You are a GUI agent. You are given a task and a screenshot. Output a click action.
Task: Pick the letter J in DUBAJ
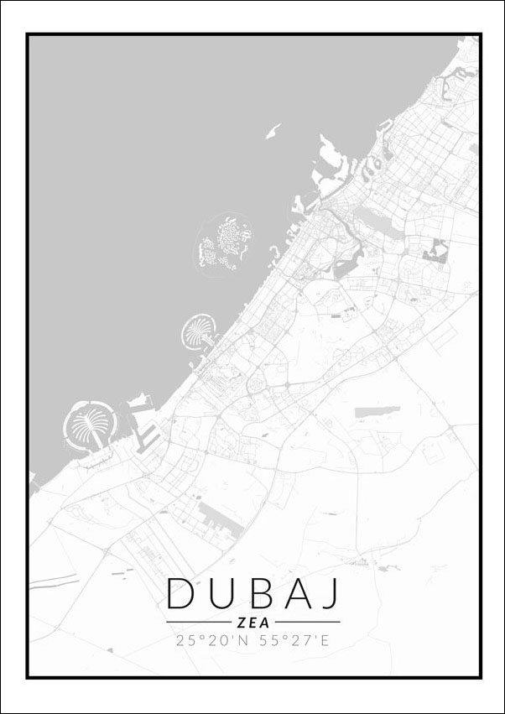331,593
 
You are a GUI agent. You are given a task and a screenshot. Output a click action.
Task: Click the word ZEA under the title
252,623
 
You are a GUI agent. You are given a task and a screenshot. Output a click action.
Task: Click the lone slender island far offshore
273,131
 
